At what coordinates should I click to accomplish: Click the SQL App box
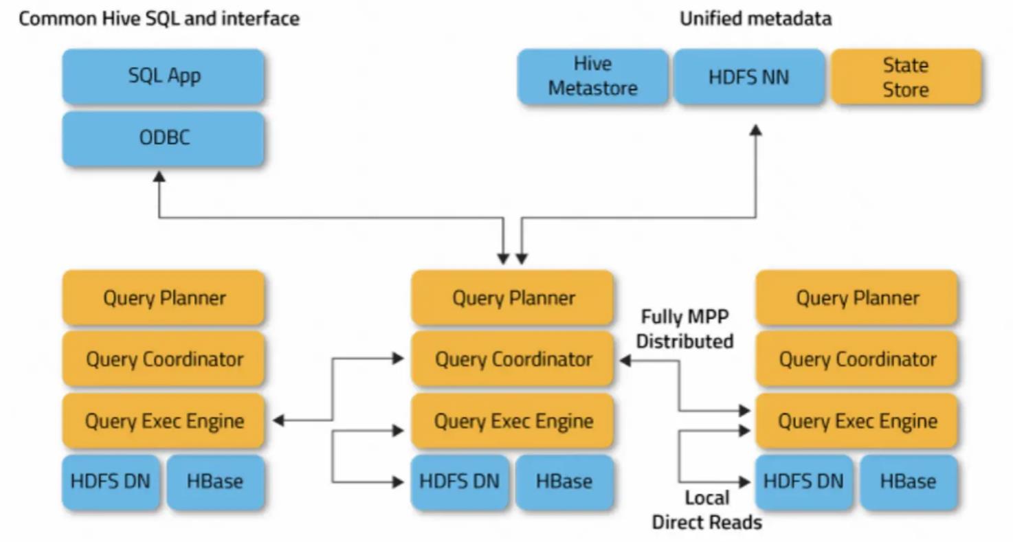[164, 76]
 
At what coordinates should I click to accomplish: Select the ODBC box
[164, 138]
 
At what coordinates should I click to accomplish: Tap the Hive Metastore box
[592, 76]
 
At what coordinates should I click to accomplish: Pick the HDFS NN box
[748, 76]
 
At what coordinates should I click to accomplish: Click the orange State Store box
[905, 76]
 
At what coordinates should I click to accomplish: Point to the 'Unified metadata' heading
[755, 19]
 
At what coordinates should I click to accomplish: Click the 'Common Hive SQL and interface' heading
[159, 19]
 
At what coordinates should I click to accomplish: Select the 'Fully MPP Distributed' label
[684, 328]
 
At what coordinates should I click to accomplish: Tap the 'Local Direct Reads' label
[706, 510]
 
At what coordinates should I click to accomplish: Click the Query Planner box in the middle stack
[513, 297]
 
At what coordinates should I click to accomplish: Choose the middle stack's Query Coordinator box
[513, 359]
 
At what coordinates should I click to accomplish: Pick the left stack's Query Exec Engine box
[164, 420]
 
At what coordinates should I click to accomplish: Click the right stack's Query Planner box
[857, 297]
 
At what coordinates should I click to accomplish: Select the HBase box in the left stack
[215, 482]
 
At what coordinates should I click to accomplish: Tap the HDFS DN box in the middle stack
[460, 482]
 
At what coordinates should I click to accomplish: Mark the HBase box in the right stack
[908, 482]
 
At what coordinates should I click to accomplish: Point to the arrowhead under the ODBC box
[159, 177]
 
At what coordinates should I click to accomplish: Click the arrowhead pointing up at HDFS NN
[756, 129]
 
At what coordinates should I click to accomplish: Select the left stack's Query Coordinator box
[164, 359]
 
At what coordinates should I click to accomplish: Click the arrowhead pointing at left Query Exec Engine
[278, 420]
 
